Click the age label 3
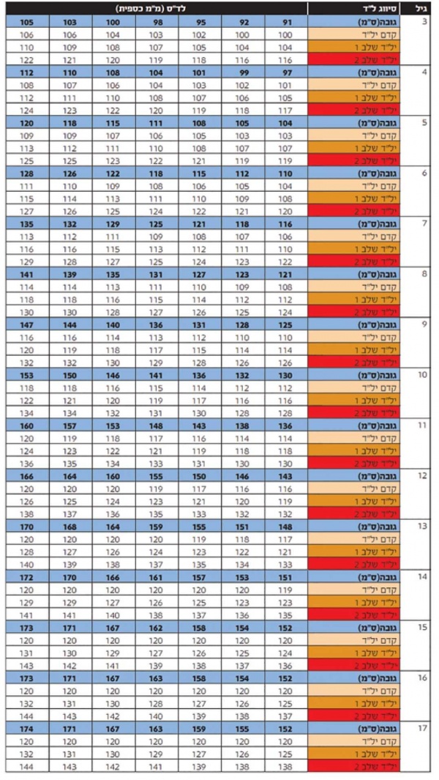[x=425, y=23]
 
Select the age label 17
[x=422, y=728]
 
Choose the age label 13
[x=422, y=526]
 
